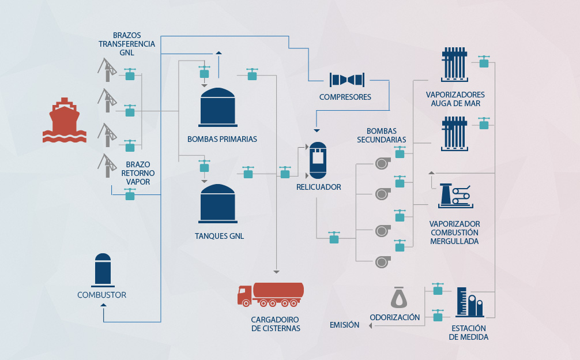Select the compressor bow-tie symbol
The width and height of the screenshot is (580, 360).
pyautogui.click(x=346, y=79)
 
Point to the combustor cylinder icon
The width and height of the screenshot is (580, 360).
pyautogui.click(x=103, y=269)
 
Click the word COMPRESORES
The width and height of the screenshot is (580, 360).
pyautogui.click(x=345, y=97)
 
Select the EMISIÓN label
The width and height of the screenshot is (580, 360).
pyautogui.click(x=344, y=325)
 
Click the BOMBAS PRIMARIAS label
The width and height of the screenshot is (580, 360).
pyautogui.click(x=222, y=139)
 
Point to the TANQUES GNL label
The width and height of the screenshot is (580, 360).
pyautogui.click(x=220, y=236)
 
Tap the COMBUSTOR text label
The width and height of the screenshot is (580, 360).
pyautogui.click(x=101, y=295)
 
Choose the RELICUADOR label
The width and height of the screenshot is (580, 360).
pyautogui.click(x=319, y=187)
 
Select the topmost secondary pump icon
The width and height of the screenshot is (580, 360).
pyautogui.click(x=381, y=164)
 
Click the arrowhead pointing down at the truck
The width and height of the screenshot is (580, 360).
pyautogui.click(x=276, y=271)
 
